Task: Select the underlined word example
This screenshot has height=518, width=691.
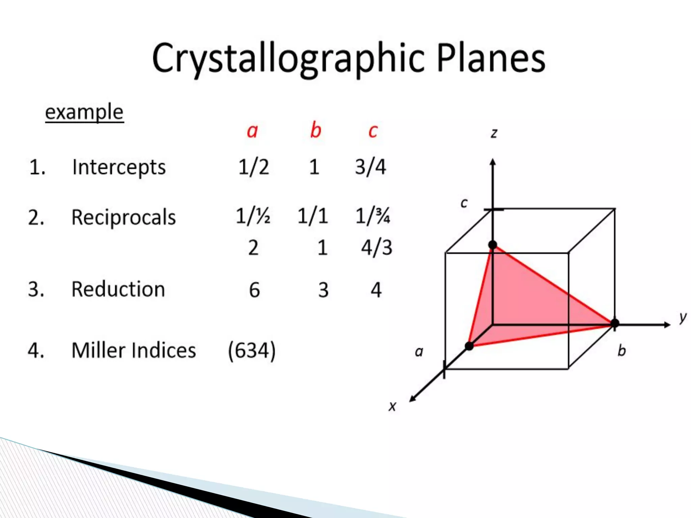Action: tap(84, 112)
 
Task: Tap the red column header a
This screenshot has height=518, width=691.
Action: tap(252, 131)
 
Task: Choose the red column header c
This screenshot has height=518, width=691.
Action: tap(373, 131)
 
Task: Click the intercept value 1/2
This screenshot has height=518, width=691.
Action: tap(254, 167)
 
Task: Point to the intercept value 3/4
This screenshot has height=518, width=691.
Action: tap(370, 167)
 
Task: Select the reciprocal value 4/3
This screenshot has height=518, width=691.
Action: tap(377, 248)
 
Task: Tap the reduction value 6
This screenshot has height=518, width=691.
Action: tap(254, 290)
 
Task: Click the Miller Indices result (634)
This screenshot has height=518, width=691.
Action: tap(252, 351)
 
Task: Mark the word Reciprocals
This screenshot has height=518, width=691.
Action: tap(123, 218)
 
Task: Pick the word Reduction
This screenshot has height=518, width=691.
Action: tap(118, 289)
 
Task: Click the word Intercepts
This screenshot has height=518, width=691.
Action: tap(119, 167)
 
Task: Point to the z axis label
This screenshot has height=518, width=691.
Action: tap(494, 133)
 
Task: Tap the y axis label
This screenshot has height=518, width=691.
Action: tap(683, 317)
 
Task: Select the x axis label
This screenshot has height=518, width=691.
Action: tap(392, 406)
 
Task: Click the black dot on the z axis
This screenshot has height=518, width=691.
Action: tap(493, 245)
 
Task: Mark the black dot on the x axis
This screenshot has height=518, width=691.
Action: tap(469, 346)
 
